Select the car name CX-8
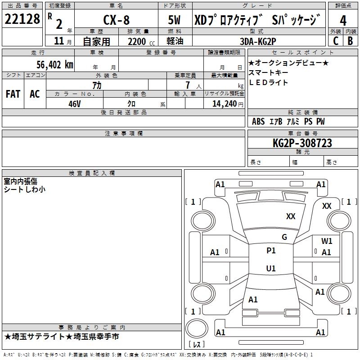pyautogui.click(x=116, y=20)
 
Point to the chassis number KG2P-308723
pyautogui.click(x=302, y=143)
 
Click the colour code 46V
pyautogui.click(x=75, y=103)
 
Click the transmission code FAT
pyautogui.click(x=13, y=94)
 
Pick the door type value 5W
pyautogui.click(x=174, y=20)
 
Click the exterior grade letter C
pyautogui.click(x=336, y=41)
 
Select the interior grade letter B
pyautogui.click(x=351, y=41)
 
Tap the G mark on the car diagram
pyautogui.click(x=284, y=237)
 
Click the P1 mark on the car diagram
pyautogui.click(x=271, y=251)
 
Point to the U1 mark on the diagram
pyautogui.click(x=271, y=269)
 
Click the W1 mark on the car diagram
pyautogui.click(x=327, y=241)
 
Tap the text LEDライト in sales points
pyautogui.click(x=269, y=83)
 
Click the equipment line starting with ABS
pyautogui.click(x=288, y=121)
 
